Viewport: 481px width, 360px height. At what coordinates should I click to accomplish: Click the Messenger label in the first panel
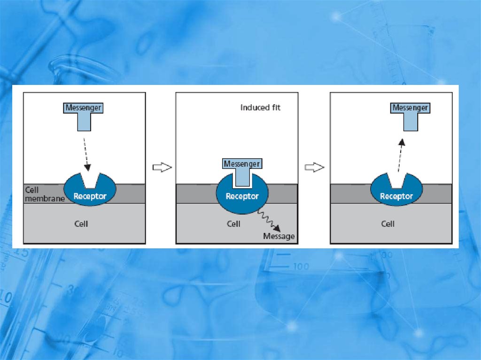point(83,108)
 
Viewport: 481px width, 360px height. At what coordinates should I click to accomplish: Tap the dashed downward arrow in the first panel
point(86,154)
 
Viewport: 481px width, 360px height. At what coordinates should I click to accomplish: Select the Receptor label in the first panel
point(90,196)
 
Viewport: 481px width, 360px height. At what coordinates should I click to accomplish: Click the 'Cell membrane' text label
point(44,194)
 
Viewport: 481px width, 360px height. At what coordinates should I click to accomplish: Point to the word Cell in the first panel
point(81,224)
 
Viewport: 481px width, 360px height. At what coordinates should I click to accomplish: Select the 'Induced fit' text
point(260,107)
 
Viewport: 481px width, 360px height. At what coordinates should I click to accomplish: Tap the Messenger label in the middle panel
point(241,164)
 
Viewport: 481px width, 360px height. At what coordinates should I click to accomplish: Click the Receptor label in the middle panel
point(242,196)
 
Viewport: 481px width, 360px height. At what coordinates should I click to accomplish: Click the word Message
point(279,236)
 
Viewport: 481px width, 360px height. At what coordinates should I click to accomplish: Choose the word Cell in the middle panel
point(233,224)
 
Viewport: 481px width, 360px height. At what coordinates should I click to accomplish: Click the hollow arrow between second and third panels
point(314,168)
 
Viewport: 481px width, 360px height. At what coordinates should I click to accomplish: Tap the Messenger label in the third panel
point(410,108)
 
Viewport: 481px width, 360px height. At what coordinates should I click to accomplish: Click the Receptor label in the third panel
point(396,196)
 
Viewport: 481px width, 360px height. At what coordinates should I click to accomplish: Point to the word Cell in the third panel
point(388,224)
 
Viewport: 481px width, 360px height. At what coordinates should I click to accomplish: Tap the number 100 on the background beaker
point(301,267)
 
